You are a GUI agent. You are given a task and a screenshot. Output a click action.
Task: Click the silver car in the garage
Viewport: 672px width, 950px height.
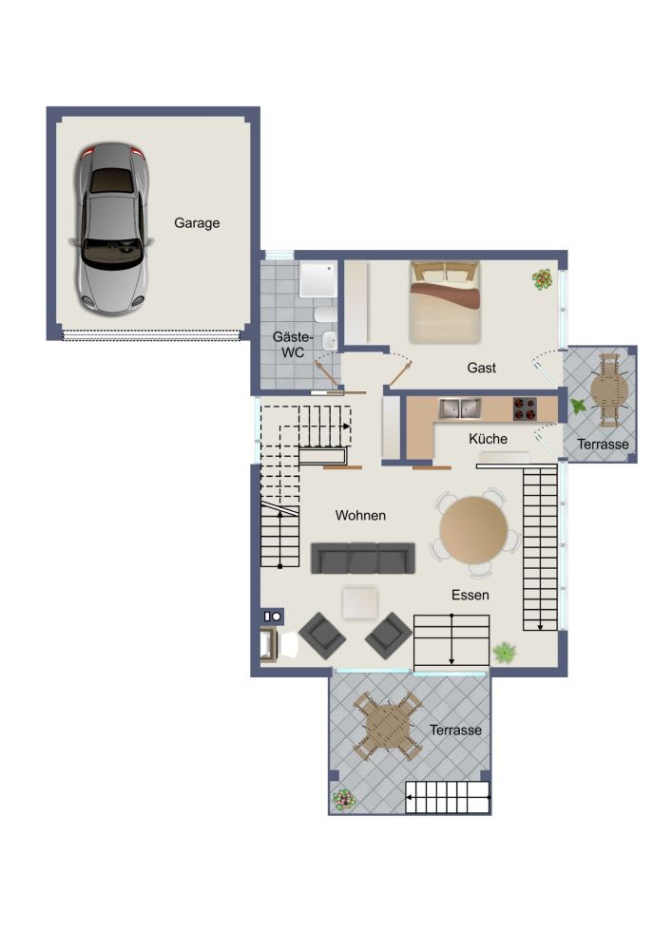(x=111, y=229)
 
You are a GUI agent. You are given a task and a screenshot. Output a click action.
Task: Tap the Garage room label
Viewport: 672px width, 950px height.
(x=197, y=223)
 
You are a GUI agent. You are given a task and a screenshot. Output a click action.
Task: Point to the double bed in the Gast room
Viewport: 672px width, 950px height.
(x=445, y=301)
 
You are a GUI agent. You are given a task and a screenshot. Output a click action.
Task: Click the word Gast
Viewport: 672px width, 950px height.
(x=482, y=368)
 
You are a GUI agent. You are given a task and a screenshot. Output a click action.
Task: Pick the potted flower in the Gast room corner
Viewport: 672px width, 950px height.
(x=543, y=278)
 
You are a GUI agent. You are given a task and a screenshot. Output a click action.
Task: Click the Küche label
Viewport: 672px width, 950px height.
(x=488, y=440)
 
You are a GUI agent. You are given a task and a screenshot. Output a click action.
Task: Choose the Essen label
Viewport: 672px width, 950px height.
(x=470, y=595)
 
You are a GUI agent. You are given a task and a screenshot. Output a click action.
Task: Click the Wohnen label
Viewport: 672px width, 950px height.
(x=360, y=515)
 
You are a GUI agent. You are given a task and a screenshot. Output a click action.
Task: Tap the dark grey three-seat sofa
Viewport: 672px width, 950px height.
(x=363, y=559)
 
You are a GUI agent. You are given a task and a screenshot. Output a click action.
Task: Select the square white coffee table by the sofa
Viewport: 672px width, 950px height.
(x=361, y=602)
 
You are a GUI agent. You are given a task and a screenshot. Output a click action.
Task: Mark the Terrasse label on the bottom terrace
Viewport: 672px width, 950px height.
(x=455, y=731)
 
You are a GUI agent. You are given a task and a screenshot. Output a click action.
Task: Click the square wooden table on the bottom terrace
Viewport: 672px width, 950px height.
(x=387, y=727)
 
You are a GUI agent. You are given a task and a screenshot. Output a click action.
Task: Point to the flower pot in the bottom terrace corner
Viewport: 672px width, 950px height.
(x=342, y=800)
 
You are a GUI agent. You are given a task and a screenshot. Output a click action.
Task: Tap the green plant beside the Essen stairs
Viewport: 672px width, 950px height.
(x=504, y=653)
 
